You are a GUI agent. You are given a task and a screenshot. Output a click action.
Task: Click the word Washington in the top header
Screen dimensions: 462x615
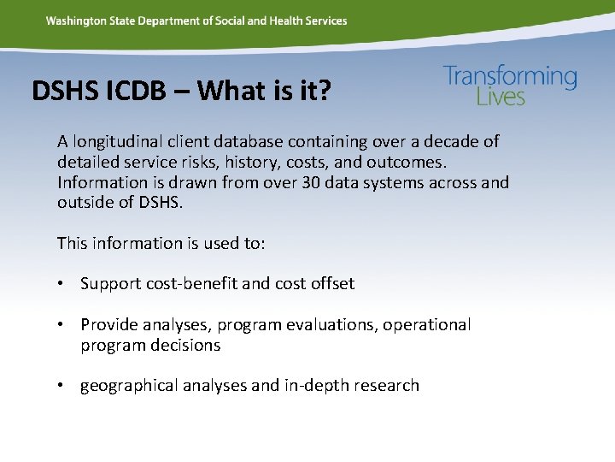pyautogui.click(x=77, y=21)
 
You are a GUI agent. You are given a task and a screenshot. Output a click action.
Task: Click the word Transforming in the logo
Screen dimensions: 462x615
pyautogui.click(x=510, y=77)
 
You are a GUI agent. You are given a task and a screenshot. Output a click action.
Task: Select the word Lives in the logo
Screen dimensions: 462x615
pyautogui.click(x=501, y=97)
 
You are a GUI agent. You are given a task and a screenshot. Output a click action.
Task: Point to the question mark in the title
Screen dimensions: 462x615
pyautogui.click(x=321, y=91)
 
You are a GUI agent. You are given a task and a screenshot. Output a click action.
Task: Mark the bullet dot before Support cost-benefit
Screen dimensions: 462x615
pyautogui.click(x=65, y=284)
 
